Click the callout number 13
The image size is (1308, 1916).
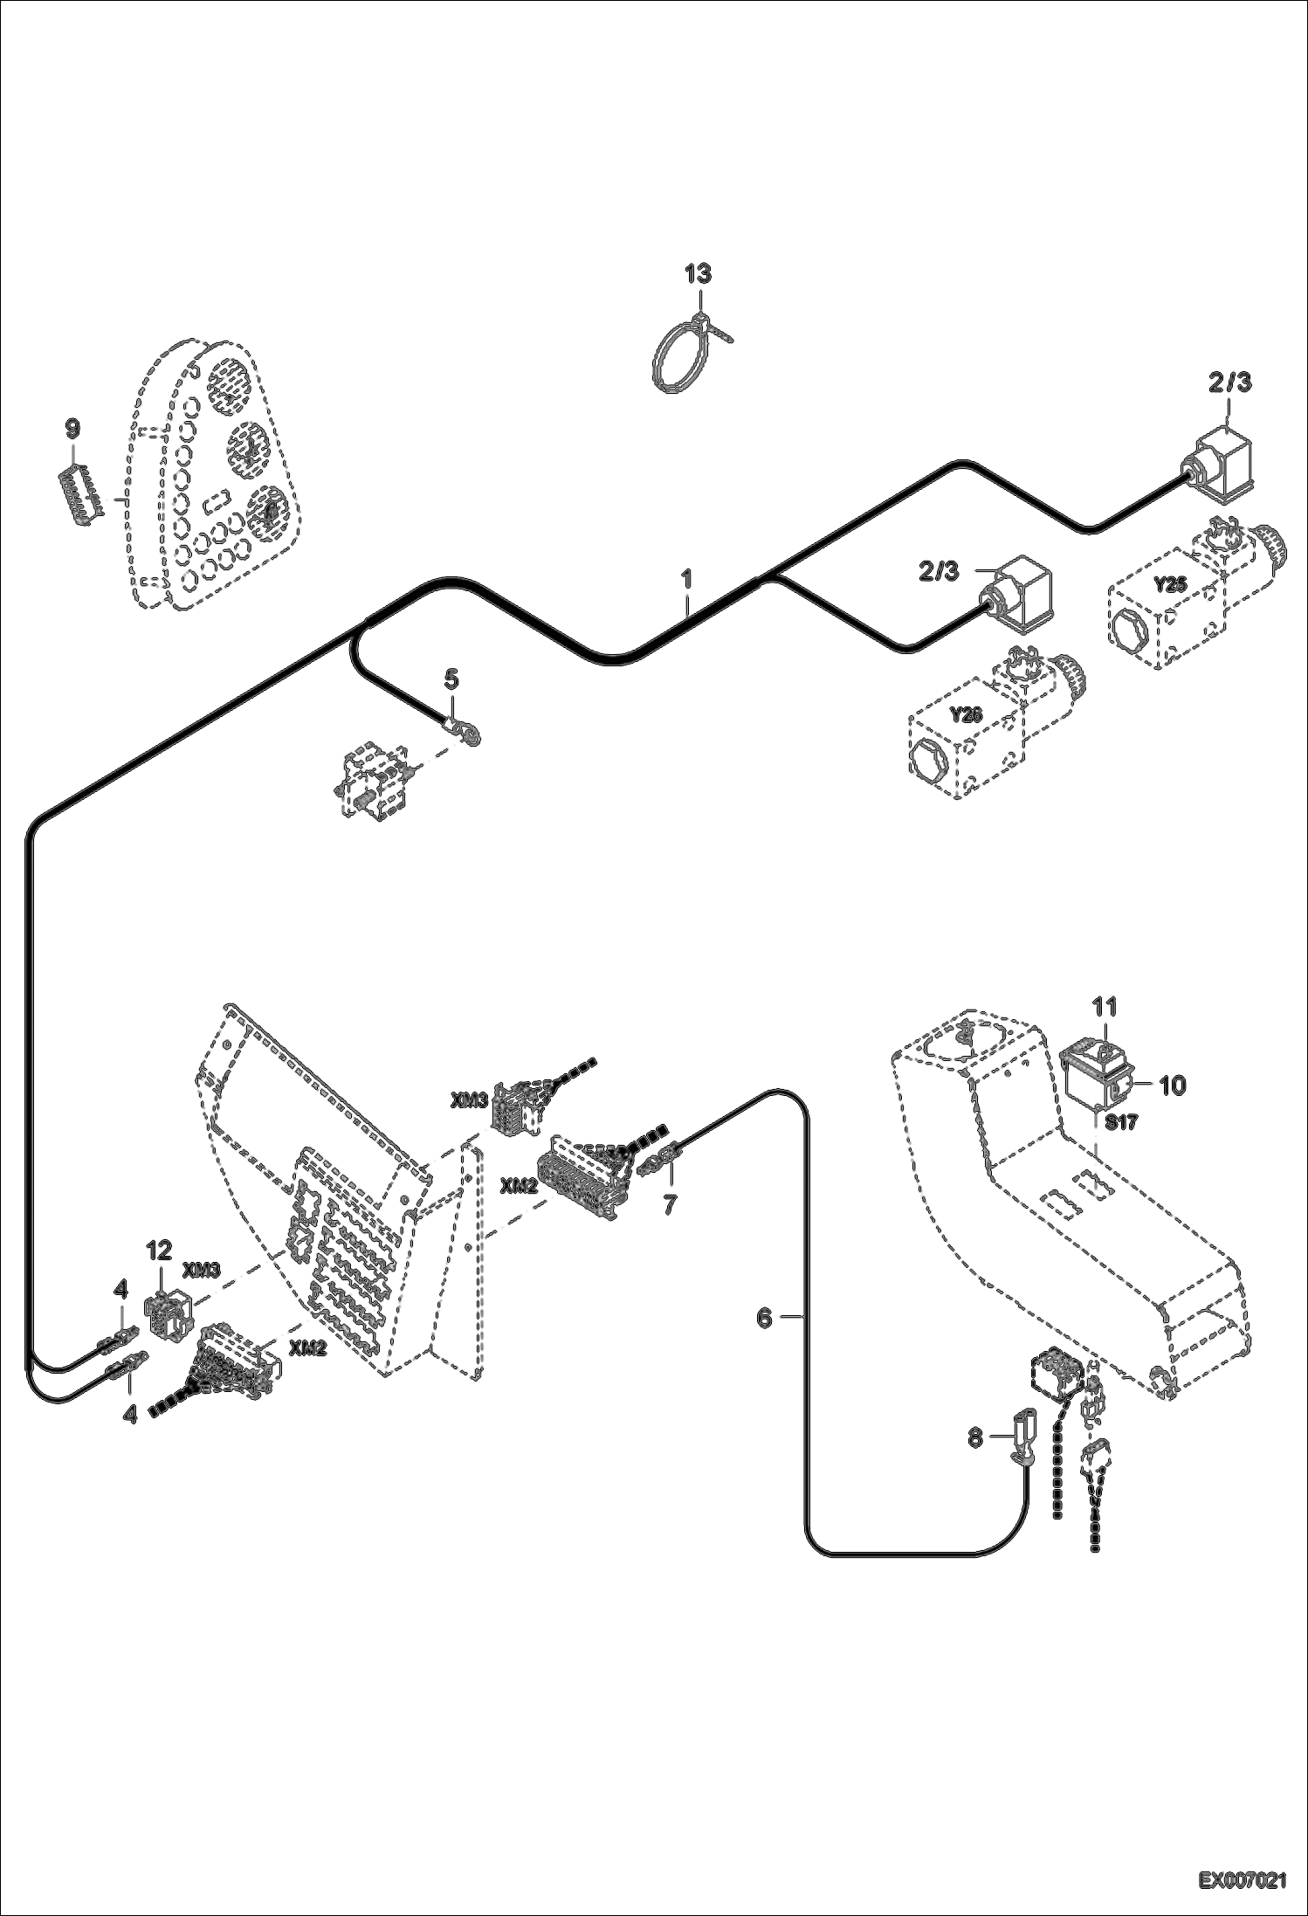698,273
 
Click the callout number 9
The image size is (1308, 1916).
72,429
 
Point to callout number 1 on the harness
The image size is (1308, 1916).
687,578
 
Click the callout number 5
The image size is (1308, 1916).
451,678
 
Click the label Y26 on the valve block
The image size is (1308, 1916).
965,715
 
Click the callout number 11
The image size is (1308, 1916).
1105,1007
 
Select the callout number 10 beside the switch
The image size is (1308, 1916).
1172,1086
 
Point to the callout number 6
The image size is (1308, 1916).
764,1318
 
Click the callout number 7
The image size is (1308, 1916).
670,1204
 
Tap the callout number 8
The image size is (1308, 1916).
976,1437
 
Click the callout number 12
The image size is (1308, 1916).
159,1251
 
